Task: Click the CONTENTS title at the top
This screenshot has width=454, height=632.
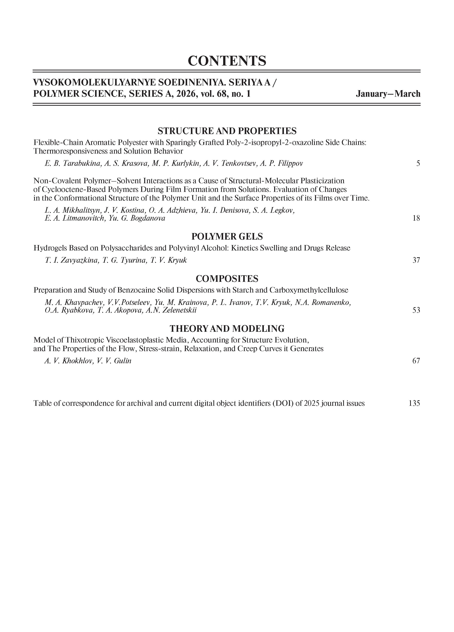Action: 227,61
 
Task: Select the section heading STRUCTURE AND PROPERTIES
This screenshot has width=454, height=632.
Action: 227,131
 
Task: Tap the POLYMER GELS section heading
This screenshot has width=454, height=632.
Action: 227,237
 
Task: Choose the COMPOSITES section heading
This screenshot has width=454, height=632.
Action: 227,279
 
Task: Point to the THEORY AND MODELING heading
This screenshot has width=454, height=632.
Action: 227,329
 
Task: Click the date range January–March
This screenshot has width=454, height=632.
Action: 388,94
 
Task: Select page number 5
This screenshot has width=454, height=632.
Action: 418,163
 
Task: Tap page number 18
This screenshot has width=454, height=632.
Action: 416,218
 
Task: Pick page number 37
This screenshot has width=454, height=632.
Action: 416,260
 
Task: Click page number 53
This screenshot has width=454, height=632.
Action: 416,310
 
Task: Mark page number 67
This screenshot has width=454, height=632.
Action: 416,361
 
